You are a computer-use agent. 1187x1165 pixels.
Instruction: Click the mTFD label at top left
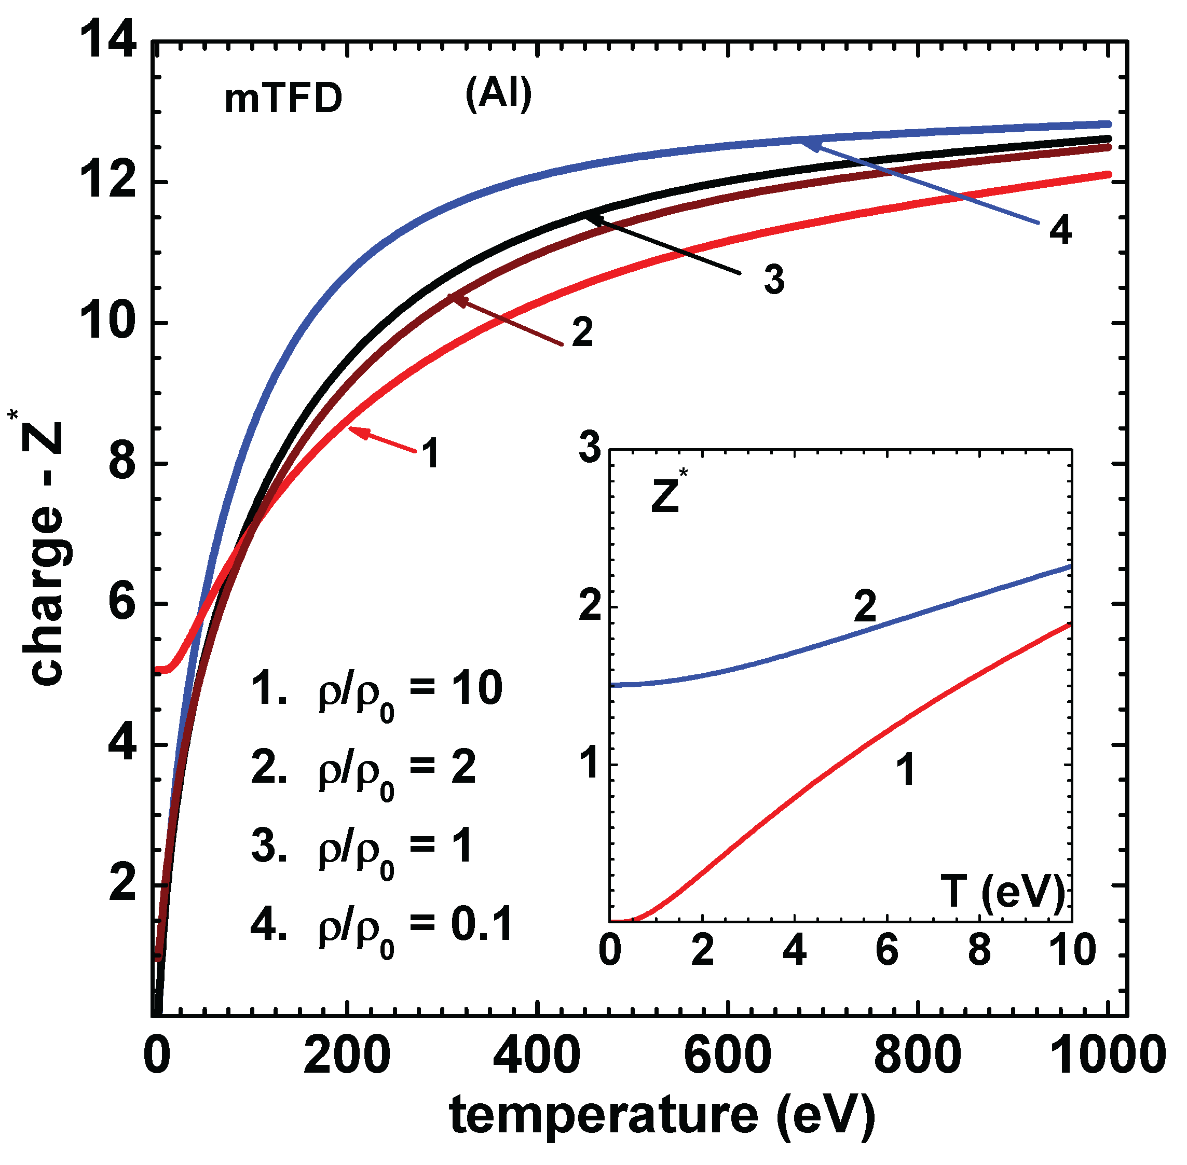283,99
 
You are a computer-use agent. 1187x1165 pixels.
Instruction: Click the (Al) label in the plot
498,95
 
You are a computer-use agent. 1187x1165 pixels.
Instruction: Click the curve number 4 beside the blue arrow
1060,231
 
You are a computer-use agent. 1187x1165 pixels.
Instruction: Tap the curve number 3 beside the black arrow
774,280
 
